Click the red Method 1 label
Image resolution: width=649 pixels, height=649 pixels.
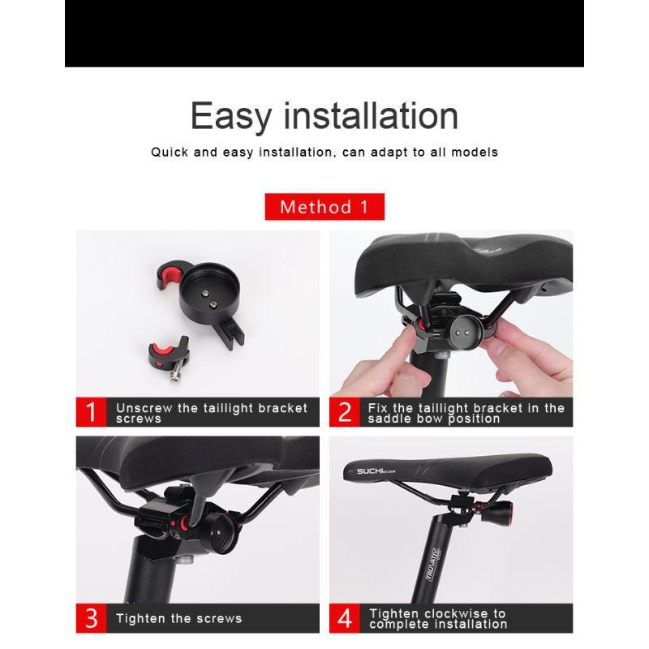pyautogui.click(x=324, y=207)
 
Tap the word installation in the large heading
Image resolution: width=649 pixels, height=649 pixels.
pyautogui.click(x=370, y=116)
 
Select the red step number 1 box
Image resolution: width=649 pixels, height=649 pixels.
pyautogui.click(x=92, y=412)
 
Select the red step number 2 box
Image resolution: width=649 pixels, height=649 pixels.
pyautogui.click(x=345, y=412)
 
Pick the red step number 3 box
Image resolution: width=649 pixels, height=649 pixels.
pyautogui.click(x=92, y=618)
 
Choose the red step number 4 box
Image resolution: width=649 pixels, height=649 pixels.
pyautogui.click(x=345, y=618)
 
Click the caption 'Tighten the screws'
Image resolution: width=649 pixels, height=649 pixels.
pyautogui.click(x=178, y=619)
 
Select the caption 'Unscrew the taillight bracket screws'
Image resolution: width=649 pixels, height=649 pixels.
pyautogui.click(x=211, y=412)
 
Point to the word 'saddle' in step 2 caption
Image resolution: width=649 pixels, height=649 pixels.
pyautogui.click(x=391, y=419)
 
